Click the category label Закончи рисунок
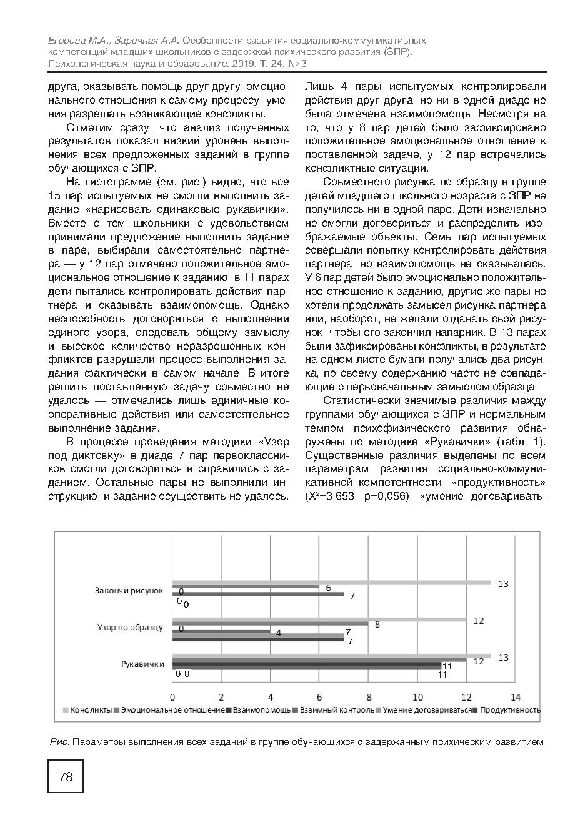click(x=129, y=590)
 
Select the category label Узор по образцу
click(x=131, y=627)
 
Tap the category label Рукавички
click(x=142, y=664)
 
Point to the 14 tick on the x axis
click(x=516, y=697)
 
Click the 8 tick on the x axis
click(x=369, y=697)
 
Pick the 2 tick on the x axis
click(x=221, y=697)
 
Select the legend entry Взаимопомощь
click(x=262, y=710)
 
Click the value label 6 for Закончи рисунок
click(x=328, y=588)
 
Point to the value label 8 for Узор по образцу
click(x=377, y=624)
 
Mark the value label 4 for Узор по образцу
click(x=279, y=633)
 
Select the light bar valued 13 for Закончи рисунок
click(x=331, y=583)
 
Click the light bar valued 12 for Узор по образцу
click(x=319, y=620)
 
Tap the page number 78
click(x=66, y=776)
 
